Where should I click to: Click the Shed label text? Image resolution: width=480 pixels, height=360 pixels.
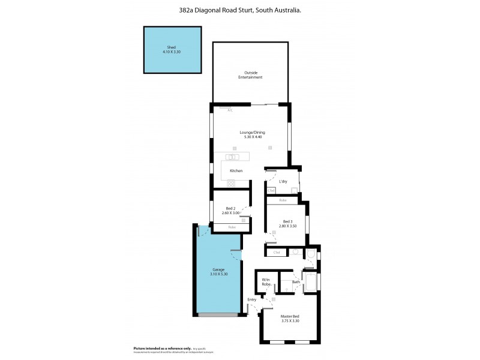(171, 47)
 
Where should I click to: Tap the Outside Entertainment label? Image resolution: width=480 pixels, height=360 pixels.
(250, 75)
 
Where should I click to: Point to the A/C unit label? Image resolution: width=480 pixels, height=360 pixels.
(229, 110)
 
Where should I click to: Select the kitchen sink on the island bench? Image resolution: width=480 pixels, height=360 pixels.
(234, 158)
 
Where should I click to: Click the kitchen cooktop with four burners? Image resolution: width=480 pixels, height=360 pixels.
(231, 184)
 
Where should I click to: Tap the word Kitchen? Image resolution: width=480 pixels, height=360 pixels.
(236, 171)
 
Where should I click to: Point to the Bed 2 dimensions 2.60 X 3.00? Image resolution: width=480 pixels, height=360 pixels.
(230, 213)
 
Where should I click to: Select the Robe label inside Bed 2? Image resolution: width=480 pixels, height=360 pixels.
(231, 227)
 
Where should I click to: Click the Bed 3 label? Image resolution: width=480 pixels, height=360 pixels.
(287, 221)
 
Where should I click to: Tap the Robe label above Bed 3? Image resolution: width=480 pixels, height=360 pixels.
(283, 200)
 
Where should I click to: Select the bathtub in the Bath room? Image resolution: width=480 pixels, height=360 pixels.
(311, 281)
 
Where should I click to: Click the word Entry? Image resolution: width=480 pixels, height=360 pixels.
(251, 299)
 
